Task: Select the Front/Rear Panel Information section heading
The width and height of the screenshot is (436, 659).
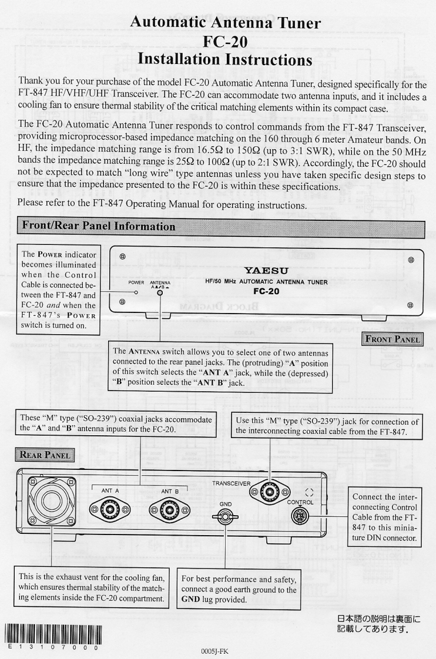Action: point(99,226)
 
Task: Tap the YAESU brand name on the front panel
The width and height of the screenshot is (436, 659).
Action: point(261,270)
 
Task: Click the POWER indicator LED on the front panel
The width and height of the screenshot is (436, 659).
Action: point(136,292)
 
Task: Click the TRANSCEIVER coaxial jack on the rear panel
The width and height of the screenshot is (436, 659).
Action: point(270,494)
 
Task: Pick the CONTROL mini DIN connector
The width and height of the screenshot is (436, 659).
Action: point(300,516)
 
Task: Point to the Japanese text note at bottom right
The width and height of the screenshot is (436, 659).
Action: point(380,624)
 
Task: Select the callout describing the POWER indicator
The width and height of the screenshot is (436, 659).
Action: point(58,289)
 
